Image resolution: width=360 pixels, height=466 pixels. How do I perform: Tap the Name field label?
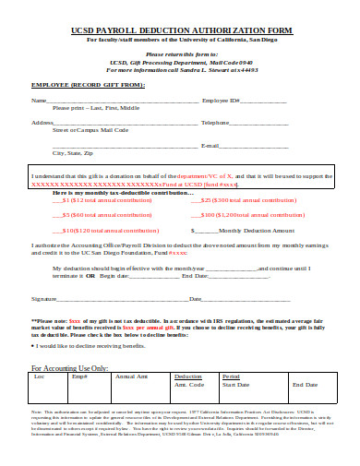tap(39, 100)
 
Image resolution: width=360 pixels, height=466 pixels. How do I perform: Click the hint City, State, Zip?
tap(73, 152)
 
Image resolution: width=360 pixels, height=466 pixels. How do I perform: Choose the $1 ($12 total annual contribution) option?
tap(96, 198)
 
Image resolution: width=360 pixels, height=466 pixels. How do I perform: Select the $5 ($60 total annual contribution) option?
tap(96, 214)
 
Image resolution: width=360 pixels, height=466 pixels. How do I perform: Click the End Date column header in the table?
tap(305, 358)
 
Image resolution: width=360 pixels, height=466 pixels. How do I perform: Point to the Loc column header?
tap(39, 352)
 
